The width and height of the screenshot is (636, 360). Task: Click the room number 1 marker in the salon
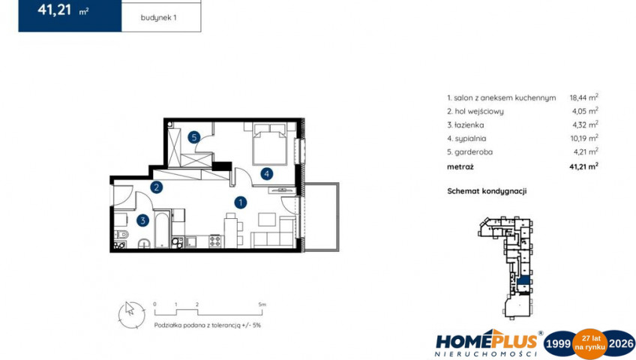tap(241, 202)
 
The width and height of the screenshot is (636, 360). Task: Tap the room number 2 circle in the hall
tap(156, 187)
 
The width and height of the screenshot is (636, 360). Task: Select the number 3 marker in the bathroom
tap(142, 220)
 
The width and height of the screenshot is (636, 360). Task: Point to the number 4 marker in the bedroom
tap(266, 174)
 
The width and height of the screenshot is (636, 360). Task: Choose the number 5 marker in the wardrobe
tap(194, 137)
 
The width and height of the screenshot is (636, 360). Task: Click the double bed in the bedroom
tap(270, 144)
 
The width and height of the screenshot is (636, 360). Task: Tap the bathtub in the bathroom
tap(162, 229)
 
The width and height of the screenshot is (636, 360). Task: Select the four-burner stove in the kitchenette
tap(215, 241)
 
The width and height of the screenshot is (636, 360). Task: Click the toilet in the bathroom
tap(121, 234)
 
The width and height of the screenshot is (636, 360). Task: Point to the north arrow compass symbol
tap(131, 315)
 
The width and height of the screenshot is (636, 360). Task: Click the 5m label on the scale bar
tap(262, 304)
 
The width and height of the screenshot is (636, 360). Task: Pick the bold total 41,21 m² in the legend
tap(583, 166)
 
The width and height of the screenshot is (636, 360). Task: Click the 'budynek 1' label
tap(158, 18)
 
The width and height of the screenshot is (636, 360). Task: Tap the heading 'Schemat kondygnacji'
tap(487, 191)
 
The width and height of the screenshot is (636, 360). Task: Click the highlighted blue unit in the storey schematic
tap(524, 280)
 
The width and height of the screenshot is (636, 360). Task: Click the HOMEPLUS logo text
tap(487, 340)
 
